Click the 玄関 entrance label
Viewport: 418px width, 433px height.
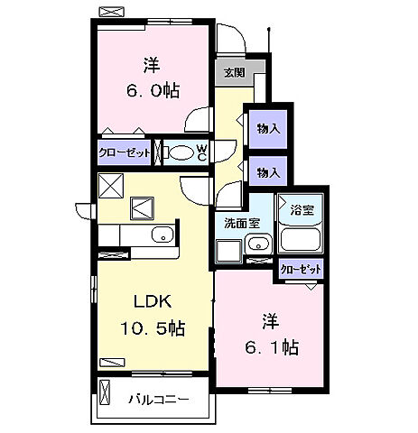click(235, 72)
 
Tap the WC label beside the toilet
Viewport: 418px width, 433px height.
click(202, 152)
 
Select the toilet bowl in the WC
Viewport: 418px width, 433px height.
click(179, 152)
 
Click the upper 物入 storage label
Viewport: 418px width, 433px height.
click(268, 129)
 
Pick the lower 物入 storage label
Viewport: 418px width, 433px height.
click(268, 173)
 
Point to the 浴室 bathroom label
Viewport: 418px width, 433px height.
click(302, 209)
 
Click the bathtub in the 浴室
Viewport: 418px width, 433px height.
click(301, 239)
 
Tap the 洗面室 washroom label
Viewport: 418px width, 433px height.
click(242, 223)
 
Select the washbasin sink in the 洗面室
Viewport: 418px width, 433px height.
click(258, 244)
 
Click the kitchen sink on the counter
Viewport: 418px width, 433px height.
click(163, 235)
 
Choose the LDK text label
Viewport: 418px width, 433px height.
click(153, 301)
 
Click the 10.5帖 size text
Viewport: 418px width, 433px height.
click(153, 327)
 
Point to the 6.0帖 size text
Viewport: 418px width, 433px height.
click(153, 90)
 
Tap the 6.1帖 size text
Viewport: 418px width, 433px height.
click(272, 347)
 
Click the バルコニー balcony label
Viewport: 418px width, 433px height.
click(159, 400)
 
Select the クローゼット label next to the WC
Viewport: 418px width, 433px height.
click(124, 153)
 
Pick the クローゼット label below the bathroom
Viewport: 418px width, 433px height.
click(301, 270)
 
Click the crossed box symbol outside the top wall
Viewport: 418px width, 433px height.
click(112, 12)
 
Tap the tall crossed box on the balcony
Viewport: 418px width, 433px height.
click(105, 393)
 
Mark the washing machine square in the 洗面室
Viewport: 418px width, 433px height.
click(229, 252)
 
